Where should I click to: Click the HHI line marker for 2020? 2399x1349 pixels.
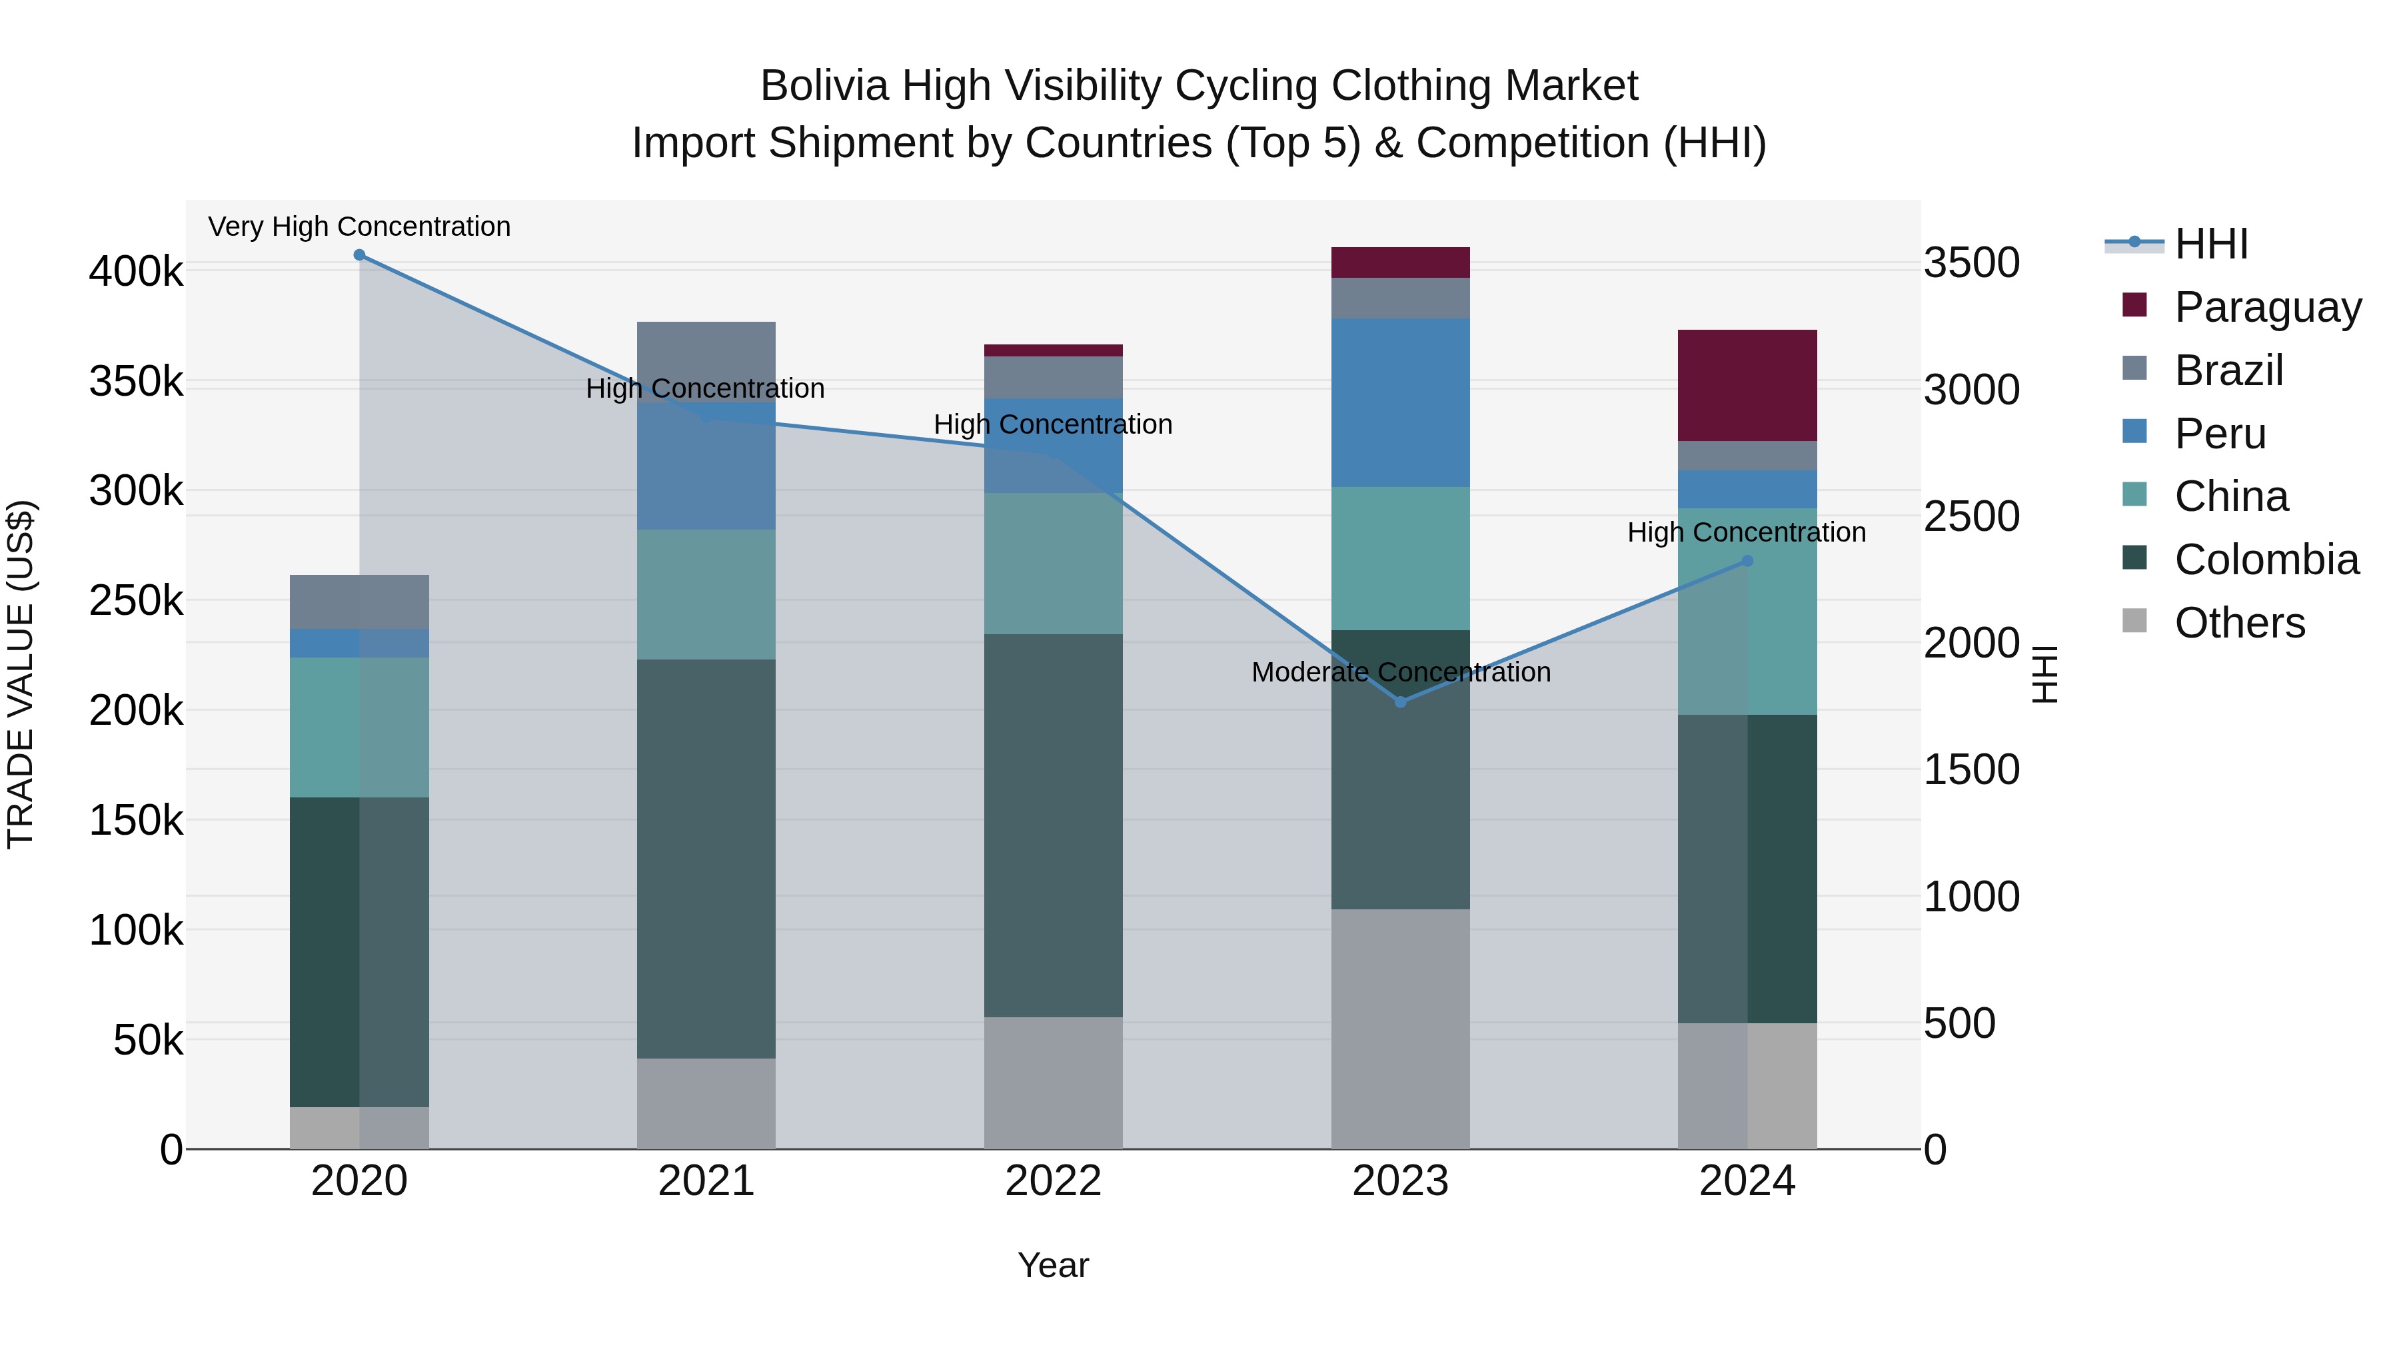359,255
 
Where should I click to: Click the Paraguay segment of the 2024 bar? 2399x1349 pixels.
1747,386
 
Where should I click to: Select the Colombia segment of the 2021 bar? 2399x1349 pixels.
706,859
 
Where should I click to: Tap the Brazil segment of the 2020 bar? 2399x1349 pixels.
359,602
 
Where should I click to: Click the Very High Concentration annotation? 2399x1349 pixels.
359,227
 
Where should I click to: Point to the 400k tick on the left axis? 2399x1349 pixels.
136,272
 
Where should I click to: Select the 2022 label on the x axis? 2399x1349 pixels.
1054,1181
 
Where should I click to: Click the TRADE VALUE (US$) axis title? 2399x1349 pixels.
21,674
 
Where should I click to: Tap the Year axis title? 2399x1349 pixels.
1054,1265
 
